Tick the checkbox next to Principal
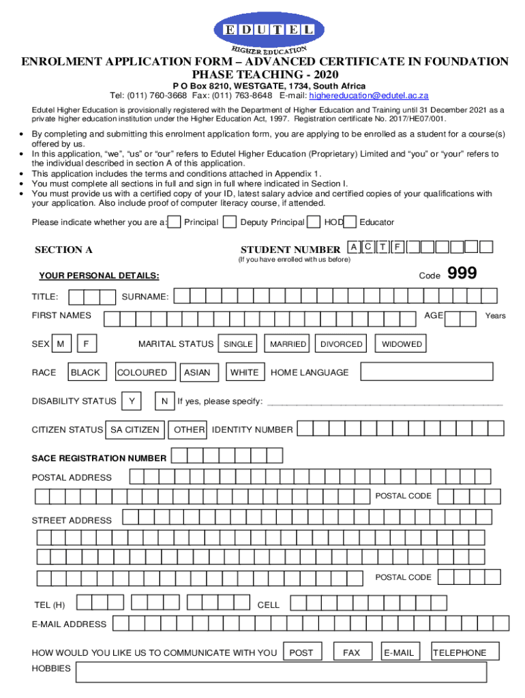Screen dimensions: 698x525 (x=175, y=222)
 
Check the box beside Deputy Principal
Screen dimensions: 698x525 (x=230, y=222)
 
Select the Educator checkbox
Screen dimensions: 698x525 (x=350, y=222)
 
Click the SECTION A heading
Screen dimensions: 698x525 (x=63, y=249)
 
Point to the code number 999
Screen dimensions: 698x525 (x=462, y=274)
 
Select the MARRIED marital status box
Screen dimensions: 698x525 (x=288, y=344)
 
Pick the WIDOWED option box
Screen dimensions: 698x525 (x=402, y=344)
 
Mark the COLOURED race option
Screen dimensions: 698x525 (x=142, y=372)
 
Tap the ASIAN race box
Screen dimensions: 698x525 (x=197, y=372)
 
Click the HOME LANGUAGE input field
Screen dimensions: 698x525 (x=427, y=371)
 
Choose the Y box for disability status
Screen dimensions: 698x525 (x=131, y=401)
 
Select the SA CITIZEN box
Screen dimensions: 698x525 (x=135, y=430)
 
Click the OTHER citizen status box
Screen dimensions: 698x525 (x=189, y=430)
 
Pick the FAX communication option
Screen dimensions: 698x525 (x=352, y=652)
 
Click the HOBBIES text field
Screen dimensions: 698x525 (x=281, y=672)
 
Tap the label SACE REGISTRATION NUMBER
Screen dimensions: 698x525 (x=99, y=458)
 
